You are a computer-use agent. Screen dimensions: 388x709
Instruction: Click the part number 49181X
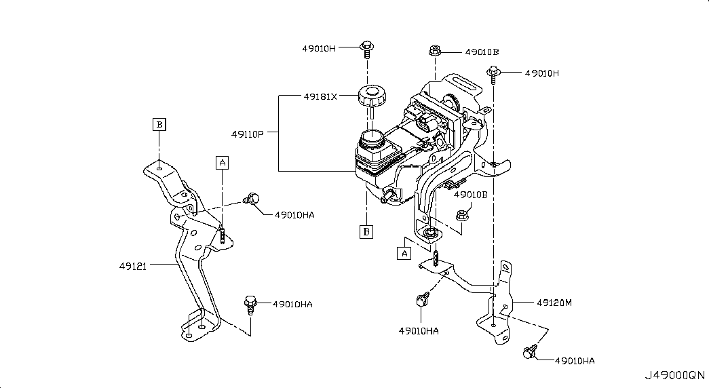(x=320, y=96)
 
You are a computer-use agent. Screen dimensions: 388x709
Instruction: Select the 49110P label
(x=250, y=134)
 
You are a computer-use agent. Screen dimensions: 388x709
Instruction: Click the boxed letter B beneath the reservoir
(x=366, y=232)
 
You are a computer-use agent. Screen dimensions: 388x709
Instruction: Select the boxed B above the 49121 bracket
(x=158, y=124)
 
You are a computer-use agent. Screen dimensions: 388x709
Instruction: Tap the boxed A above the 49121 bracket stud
(x=222, y=161)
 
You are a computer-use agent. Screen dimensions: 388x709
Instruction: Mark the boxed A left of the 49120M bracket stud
(x=404, y=253)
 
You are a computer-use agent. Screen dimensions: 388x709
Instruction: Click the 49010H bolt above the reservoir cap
(x=366, y=47)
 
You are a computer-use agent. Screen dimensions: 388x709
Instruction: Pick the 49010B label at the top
(x=482, y=52)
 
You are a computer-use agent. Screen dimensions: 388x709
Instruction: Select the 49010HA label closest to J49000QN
(x=574, y=361)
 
